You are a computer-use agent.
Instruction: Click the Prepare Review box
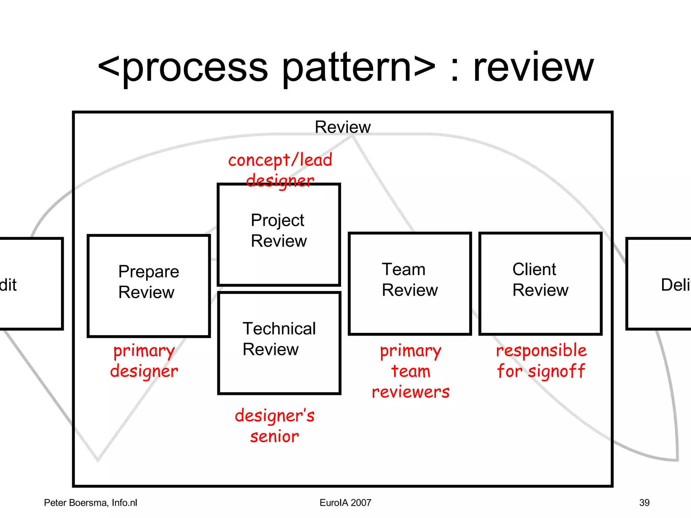148,286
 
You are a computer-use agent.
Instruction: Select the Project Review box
279,234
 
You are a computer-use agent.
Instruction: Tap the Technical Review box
279,343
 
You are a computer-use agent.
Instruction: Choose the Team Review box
410,283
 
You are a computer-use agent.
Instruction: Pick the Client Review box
540,283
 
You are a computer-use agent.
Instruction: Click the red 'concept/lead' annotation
280,160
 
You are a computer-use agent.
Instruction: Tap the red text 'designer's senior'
275,426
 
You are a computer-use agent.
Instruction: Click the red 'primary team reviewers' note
410,371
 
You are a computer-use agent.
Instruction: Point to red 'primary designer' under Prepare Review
144,361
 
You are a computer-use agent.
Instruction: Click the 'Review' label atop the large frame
342,127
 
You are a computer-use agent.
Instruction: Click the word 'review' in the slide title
533,67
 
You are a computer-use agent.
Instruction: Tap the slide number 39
644,502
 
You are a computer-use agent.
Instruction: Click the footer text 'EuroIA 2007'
345,502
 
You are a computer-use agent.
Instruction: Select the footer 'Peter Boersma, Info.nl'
90,502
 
